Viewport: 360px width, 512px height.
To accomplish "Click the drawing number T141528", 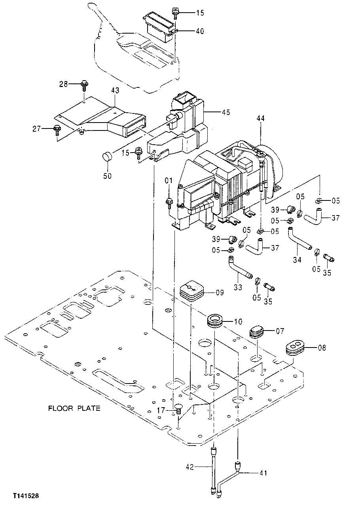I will click(x=25, y=495).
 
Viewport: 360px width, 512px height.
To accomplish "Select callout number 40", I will click(x=200, y=31).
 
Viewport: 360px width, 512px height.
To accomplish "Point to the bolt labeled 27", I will click(x=57, y=128).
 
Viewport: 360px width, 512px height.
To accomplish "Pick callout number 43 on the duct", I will click(x=115, y=91).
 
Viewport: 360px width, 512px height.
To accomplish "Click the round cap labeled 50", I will click(x=107, y=157).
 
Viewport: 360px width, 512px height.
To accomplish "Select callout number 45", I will click(x=226, y=112).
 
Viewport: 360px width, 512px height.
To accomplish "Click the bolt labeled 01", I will click(x=169, y=202).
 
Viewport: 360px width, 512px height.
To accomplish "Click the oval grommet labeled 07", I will click(x=257, y=332).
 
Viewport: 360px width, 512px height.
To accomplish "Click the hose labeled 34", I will click(x=300, y=240).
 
